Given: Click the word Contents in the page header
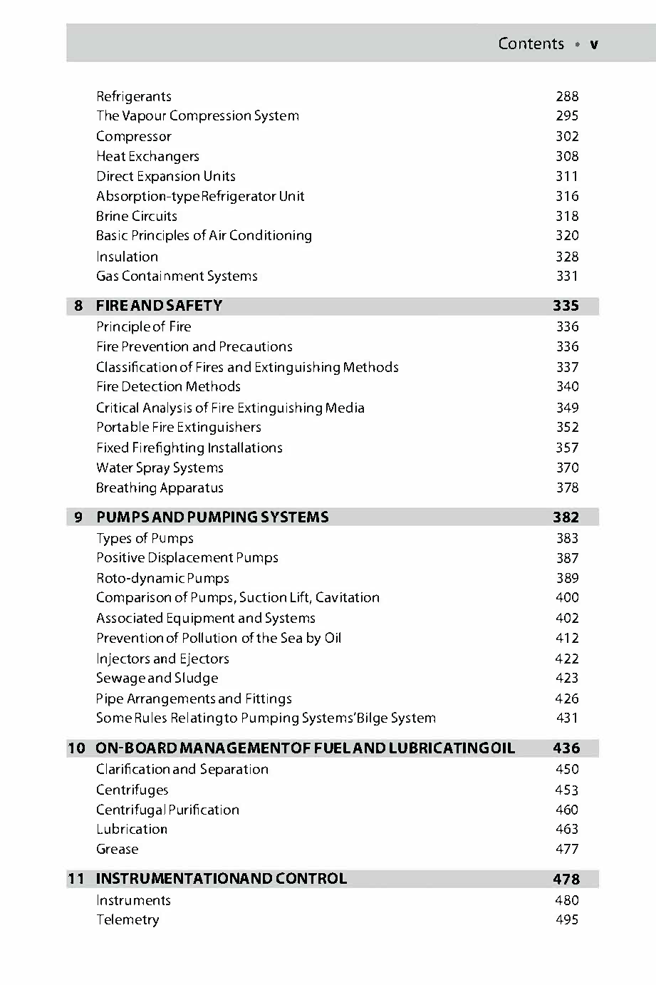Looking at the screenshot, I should [531, 43].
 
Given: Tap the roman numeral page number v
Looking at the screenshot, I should [594, 44].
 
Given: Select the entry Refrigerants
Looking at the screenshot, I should [134, 96].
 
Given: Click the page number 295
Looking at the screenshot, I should [567, 115].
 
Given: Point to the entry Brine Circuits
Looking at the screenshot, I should [137, 216].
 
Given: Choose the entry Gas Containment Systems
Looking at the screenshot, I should [177, 276].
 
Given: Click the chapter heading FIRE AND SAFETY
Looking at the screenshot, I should [159, 306].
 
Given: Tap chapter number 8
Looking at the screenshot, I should [78, 306].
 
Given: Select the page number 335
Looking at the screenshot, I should [566, 306].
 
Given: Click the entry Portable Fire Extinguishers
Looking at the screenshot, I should [179, 427].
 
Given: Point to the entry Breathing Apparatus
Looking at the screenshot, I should [160, 488].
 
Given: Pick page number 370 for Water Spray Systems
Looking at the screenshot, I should [567, 468].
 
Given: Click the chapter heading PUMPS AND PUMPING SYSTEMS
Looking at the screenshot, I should [212, 517].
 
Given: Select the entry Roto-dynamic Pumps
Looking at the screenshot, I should [162, 578].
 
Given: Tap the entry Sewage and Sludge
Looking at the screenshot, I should [157, 678].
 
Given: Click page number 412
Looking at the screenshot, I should [567, 638].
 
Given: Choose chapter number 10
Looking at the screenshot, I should [76, 748].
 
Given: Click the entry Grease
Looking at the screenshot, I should [118, 849].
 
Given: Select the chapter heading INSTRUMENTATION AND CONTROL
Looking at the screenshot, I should [221, 878].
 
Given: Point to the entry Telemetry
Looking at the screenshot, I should [127, 919].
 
